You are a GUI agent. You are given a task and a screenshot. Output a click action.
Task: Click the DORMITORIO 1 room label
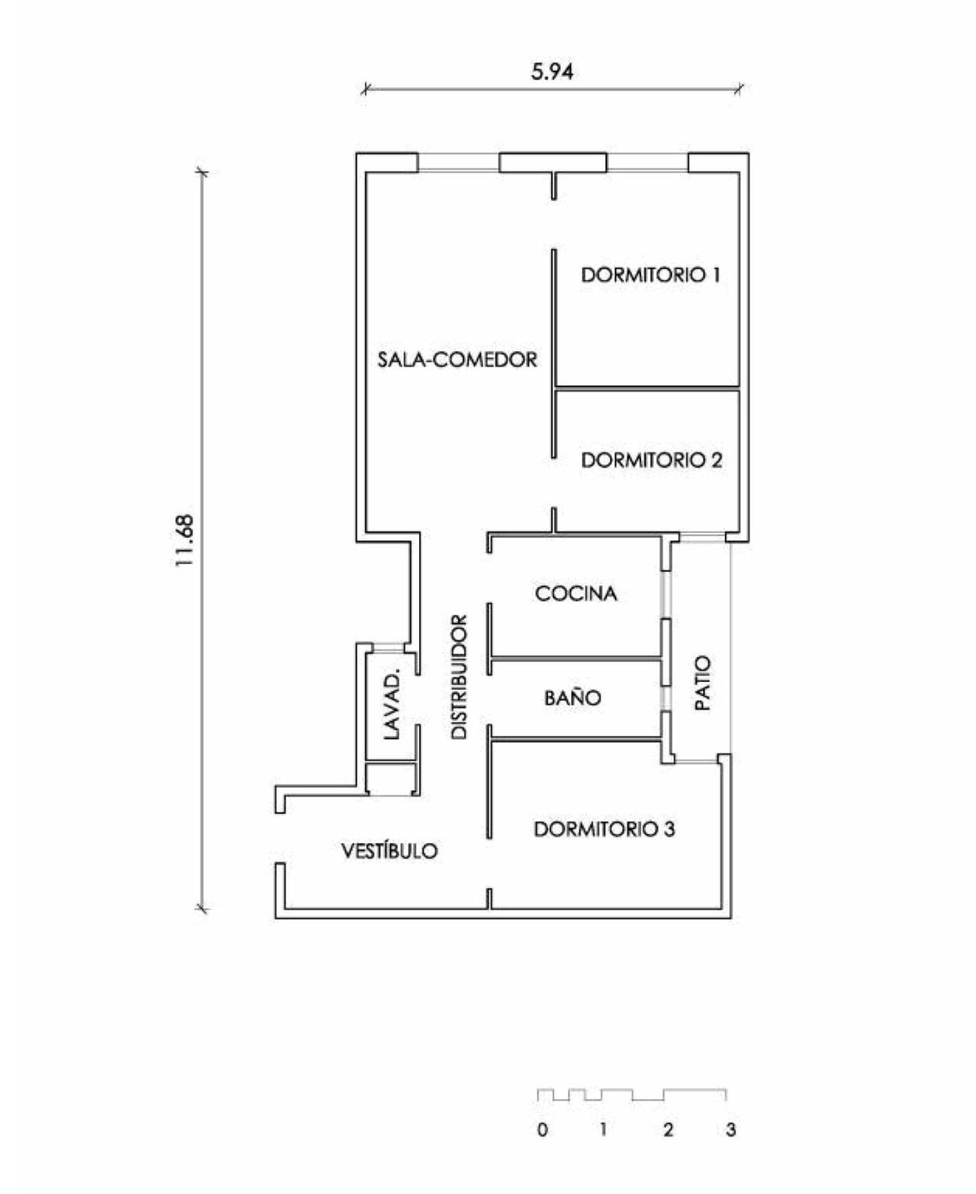pos(651,275)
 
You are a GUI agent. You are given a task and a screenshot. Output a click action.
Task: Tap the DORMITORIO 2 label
pos(651,460)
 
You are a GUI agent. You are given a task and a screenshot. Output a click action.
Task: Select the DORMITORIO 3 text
pos(604,829)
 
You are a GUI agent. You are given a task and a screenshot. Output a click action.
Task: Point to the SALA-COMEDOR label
pos(457,359)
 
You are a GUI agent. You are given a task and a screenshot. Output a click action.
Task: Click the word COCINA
pos(576,593)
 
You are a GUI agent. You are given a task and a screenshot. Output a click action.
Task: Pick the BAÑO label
pos(573,698)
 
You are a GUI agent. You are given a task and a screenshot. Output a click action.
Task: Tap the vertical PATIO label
pos(703,683)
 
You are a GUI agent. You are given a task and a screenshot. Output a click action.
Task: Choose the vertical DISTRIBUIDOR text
pos(459,677)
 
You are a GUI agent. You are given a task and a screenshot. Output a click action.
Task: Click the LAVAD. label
pos(391,705)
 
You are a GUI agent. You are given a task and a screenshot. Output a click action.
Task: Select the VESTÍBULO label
pos(390,850)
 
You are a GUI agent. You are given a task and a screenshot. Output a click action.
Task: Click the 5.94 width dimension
pos(552,72)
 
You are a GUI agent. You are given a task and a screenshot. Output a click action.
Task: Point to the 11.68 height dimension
pos(185,540)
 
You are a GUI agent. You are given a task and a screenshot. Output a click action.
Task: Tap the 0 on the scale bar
pos(543,1129)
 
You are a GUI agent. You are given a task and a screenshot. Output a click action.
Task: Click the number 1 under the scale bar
pos(603,1129)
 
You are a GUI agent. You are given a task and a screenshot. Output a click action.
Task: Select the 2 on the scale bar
pos(668,1129)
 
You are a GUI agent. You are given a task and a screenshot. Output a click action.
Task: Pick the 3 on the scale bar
pos(731,1129)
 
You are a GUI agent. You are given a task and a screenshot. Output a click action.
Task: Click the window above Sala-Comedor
pos(459,163)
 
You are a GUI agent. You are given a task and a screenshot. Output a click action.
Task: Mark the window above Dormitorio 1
pos(647,163)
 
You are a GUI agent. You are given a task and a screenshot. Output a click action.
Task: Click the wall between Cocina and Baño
pos(576,659)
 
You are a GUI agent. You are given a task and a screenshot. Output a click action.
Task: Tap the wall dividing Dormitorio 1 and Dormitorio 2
pos(648,388)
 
